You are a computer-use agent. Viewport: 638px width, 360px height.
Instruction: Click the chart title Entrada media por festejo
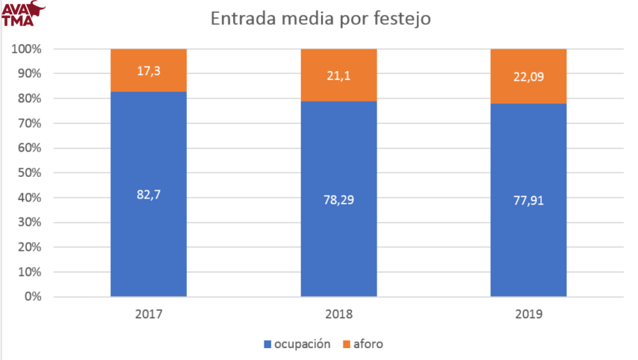[320, 19]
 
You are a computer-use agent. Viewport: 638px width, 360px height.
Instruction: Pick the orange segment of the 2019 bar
[528, 62]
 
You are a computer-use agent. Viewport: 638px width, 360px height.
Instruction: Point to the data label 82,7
[148, 194]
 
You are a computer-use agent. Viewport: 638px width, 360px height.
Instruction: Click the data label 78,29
[338, 200]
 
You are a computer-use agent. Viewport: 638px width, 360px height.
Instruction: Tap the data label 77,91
[528, 201]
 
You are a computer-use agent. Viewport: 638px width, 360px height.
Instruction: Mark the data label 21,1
[338, 75]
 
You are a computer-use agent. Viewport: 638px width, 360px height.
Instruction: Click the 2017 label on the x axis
[148, 314]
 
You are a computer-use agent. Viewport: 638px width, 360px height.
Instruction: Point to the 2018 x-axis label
[338, 314]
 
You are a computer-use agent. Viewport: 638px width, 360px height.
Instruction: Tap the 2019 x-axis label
[528, 314]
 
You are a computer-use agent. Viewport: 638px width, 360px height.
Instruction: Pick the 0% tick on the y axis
[31, 296]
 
